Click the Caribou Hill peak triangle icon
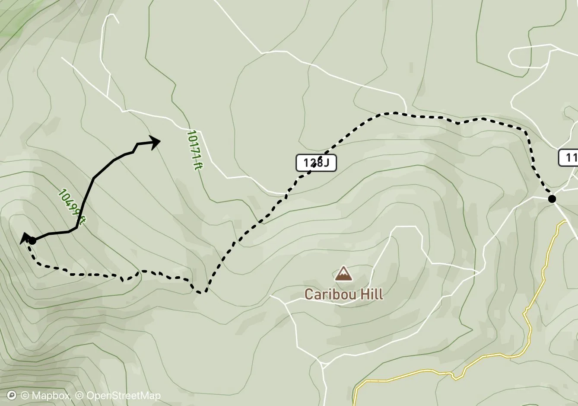(343, 274)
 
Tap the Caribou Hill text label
(343, 294)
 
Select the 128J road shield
(316, 163)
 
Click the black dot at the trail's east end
(552, 199)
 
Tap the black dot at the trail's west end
(32, 240)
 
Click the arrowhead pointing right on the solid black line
(155, 141)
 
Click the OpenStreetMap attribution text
(124, 396)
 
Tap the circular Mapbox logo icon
(12, 396)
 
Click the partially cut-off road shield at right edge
(569, 157)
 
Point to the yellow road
(527, 329)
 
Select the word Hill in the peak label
(372, 294)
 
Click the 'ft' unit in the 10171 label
(197, 165)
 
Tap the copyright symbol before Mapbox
(25, 396)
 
